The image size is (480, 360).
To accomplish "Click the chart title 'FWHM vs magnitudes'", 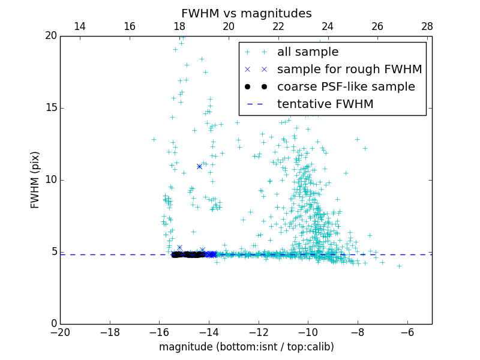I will click(246, 13).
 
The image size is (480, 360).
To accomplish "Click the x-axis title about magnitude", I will click(246, 347).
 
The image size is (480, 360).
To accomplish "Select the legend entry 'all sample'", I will click(308, 52).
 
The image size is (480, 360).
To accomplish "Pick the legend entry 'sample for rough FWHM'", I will click(349, 70).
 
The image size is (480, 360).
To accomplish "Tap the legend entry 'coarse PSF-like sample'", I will click(346, 87).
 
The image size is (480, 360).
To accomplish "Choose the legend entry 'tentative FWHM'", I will click(325, 104).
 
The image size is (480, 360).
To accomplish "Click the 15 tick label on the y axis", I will click(50, 108).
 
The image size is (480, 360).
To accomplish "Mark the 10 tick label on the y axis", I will click(50, 180).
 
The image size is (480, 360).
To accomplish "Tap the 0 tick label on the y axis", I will click(53, 324).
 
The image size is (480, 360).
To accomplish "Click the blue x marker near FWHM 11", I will click(199, 166).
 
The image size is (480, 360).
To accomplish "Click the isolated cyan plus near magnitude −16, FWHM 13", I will click(154, 139).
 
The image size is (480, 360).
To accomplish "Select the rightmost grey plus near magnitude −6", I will click(399, 266).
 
